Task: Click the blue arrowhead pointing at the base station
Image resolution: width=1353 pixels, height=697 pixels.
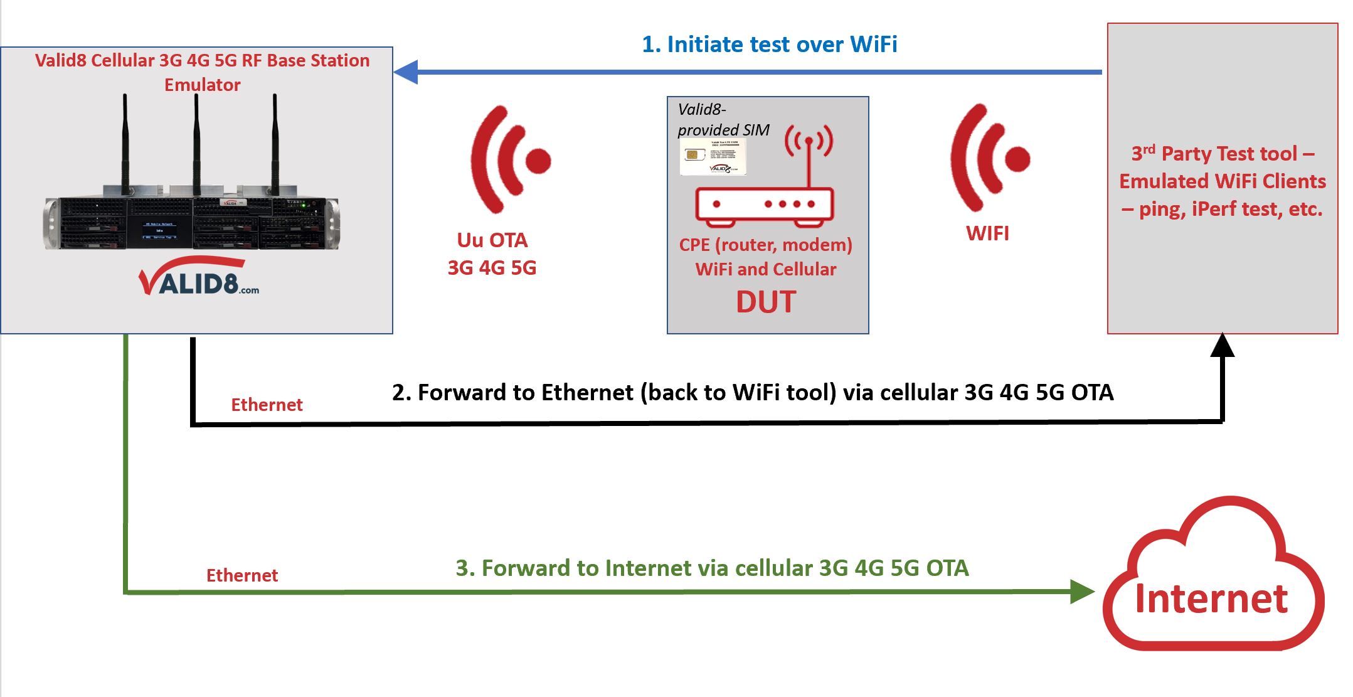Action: [406, 72]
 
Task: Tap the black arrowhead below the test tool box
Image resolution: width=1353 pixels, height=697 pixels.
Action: [1222, 346]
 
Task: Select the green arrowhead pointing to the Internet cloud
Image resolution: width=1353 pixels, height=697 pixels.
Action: [1081, 592]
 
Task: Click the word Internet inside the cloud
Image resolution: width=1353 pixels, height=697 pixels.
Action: [1211, 599]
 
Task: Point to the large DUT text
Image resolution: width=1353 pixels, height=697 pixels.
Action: [766, 302]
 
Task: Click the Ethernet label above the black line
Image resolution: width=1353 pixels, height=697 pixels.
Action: [267, 405]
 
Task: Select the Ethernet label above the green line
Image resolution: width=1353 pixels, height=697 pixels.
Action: [241, 576]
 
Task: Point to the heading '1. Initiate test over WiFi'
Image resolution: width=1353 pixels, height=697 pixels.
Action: [769, 45]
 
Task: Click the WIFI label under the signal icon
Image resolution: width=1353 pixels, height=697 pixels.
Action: [987, 234]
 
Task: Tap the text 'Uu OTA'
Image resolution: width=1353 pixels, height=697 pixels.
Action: [492, 240]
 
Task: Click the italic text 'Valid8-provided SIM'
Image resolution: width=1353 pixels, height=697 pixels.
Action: [723, 120]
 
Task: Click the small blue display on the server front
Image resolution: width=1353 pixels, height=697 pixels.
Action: [159, 230]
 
